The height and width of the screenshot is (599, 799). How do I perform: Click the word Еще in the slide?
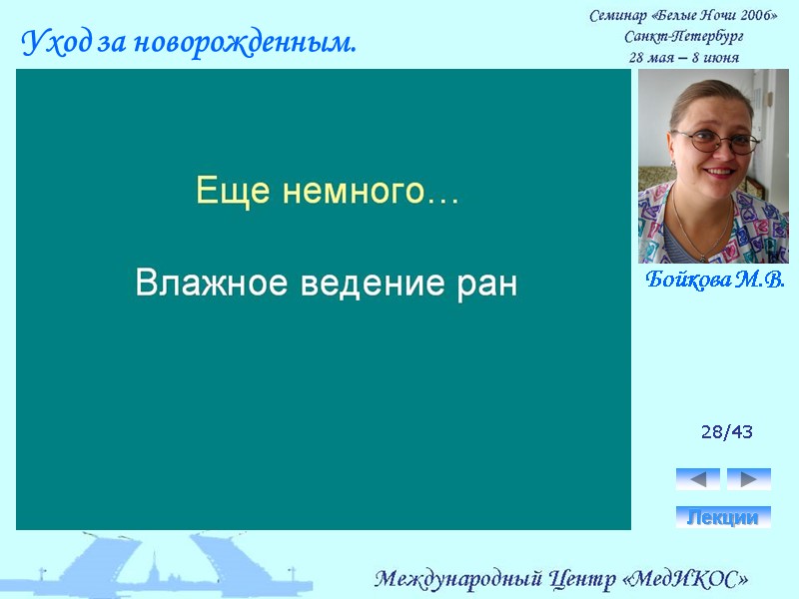click(221, 191)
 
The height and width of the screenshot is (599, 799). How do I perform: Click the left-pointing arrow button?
click(698, 479)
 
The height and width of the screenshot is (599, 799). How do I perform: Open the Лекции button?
click(723, 517)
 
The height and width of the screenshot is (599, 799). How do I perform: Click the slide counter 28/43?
click(726, 432)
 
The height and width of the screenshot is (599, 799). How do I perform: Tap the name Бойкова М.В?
click(714, 280)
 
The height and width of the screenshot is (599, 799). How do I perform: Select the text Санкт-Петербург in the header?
click(683, 37)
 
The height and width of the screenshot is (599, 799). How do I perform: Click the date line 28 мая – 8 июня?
click(683, 57)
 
